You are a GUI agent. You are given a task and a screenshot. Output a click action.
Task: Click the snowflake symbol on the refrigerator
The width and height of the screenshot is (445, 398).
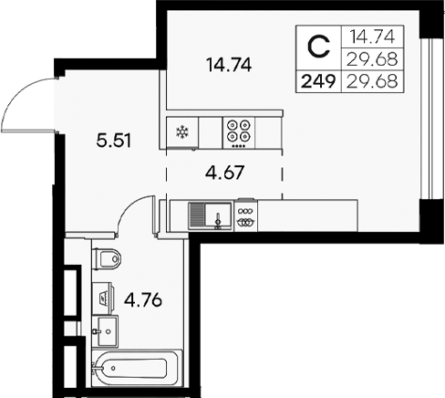[181, 131]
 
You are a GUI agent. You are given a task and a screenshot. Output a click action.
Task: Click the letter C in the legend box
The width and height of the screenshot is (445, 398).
[317, 46]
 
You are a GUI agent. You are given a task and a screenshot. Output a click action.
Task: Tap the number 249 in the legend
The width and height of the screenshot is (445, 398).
[317, 81]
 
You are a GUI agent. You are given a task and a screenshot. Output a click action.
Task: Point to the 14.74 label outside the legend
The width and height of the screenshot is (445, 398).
[228, 65]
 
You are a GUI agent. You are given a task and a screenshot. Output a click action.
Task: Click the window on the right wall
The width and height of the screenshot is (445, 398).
[426, 119]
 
